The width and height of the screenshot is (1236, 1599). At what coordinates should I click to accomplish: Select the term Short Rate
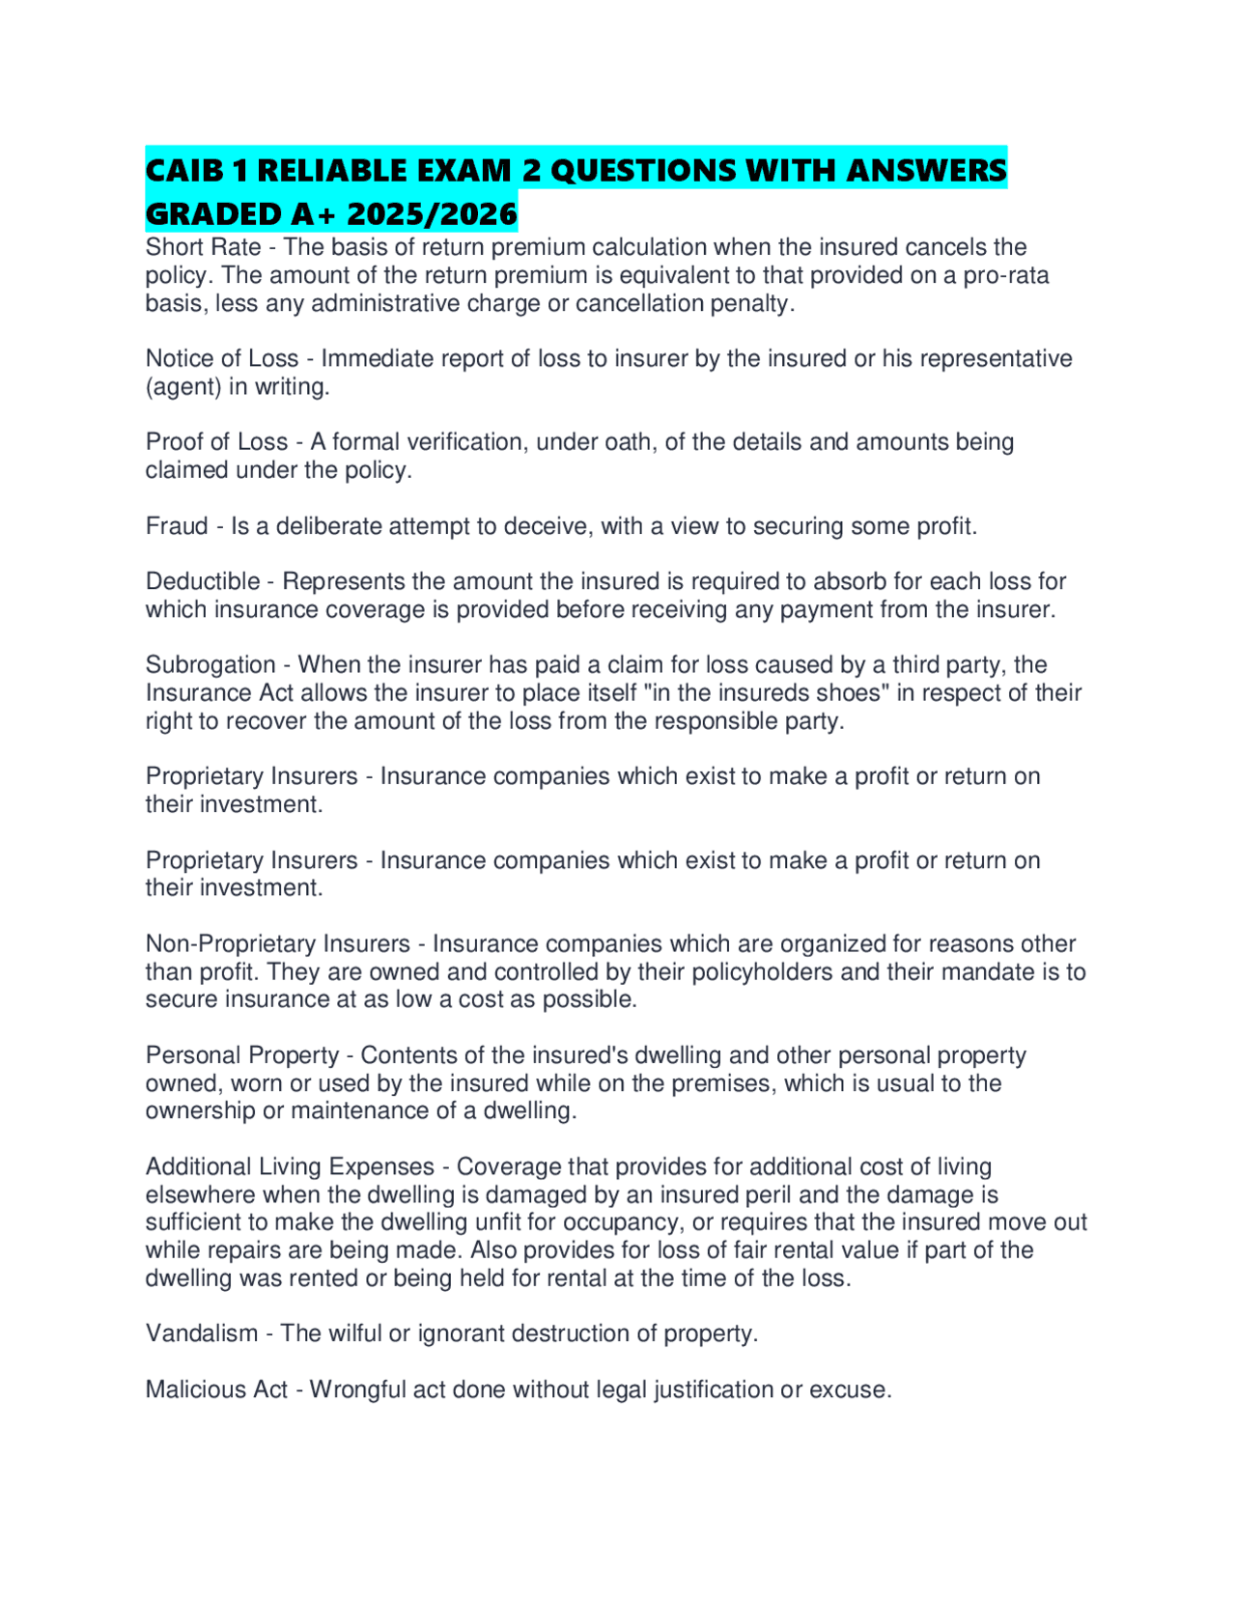(203, 247)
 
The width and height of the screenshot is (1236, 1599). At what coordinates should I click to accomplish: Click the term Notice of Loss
(221, 358)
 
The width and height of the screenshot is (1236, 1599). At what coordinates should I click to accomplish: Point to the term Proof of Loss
(216, 442)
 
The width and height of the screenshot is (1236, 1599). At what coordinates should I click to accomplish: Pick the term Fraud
(177, 526)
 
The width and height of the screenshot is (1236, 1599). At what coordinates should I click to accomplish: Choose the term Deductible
(203, 581)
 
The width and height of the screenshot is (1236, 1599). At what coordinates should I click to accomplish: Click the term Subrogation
(211, 665)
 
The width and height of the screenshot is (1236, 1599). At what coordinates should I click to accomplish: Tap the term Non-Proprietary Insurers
(278, 943)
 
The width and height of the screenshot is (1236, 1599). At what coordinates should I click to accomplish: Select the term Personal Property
(242, 1055)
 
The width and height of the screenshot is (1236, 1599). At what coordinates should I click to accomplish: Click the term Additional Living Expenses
(290, 1166)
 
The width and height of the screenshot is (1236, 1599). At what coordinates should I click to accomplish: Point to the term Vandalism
(202, 1333)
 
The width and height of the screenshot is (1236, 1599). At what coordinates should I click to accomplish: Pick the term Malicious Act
(216, 1389)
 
